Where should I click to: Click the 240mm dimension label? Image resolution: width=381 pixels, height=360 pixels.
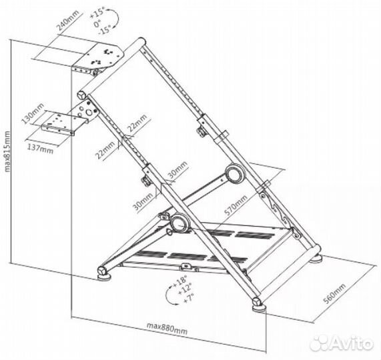click(69, 20)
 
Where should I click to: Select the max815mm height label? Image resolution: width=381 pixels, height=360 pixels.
click(7, 151)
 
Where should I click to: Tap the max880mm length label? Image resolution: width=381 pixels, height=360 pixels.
click(167, 328)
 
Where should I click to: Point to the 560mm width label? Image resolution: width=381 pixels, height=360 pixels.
click(334, 293)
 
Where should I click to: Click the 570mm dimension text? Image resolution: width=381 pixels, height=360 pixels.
click(236, 205)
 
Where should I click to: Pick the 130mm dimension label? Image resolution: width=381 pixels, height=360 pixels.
click(33, 113)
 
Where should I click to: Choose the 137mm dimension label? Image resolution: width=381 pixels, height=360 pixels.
click(40, 149)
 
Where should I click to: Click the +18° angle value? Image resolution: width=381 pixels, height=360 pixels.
click(179, 281)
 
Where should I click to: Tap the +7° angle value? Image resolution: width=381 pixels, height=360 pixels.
click(189, 298)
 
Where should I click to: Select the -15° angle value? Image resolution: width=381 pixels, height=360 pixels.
click(104, 30)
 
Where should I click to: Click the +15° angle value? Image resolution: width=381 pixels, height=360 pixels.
click(97, 13)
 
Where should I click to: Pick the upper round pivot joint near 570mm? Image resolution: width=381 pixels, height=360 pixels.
click(234, 173)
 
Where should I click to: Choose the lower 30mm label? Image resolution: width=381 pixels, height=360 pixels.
click(143, 201)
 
